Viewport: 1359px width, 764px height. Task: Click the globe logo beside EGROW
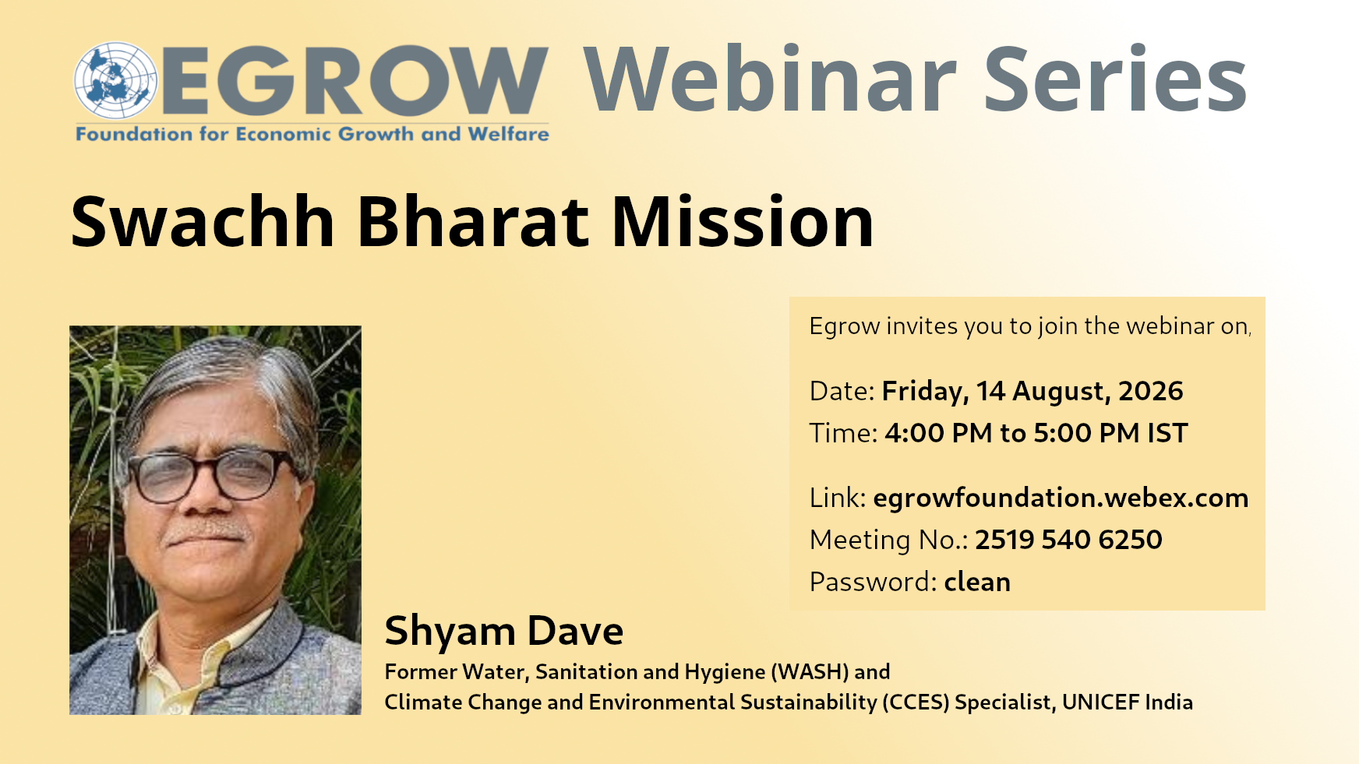click(x=115, y=81)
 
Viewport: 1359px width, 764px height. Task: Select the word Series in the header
click(x=1116, y=79)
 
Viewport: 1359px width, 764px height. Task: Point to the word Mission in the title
click(x=743, y=222)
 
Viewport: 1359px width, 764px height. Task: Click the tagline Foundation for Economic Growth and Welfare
click(x=312, y=134)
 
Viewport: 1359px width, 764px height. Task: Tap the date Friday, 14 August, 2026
click(x=1032, y=391)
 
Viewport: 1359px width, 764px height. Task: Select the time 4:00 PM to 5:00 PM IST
click(x=1036, y=433)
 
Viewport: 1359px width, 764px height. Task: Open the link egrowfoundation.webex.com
click(x=1061, y=498)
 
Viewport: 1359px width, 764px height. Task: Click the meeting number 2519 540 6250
click(x=1068, y=540)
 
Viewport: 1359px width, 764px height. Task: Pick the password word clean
click(x=977, y=582)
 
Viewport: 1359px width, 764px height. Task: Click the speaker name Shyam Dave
click(x=504, y=631)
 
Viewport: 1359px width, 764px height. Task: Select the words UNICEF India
click(x=1128, y=702)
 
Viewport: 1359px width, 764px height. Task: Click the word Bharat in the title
click(x=473, y=222)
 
